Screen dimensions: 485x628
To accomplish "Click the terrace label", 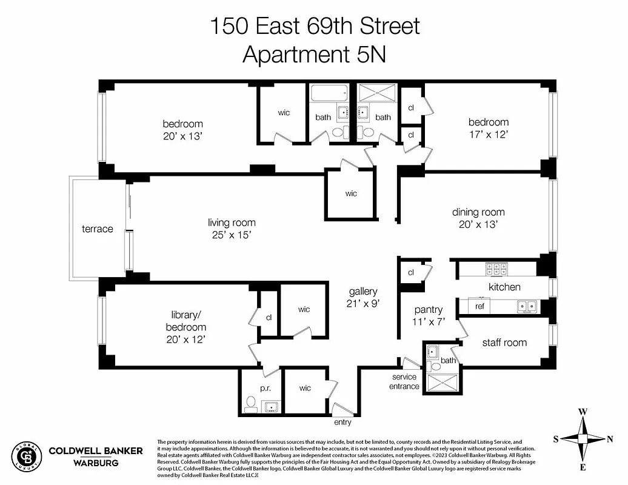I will coord(98,229).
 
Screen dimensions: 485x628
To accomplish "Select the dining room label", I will coord(478,212).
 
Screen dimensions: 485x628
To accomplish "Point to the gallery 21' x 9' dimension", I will coord(362,303).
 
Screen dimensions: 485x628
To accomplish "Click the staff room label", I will coord(504,343).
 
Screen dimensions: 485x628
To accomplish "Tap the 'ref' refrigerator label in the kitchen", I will coord(479,307).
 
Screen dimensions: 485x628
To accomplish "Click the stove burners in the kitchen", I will coord(496,268).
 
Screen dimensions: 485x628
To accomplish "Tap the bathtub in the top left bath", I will coord(329,94).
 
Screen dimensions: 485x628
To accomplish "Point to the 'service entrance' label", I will coord(405,381).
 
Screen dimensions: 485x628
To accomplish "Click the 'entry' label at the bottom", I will coord(342,422).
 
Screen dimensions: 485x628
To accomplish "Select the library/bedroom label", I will coord(185,321).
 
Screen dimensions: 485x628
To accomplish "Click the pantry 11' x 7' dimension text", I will coord(429,322).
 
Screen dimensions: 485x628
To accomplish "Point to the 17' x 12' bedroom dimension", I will coord(488,134).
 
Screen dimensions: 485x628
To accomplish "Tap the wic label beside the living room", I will coord(351,193).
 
